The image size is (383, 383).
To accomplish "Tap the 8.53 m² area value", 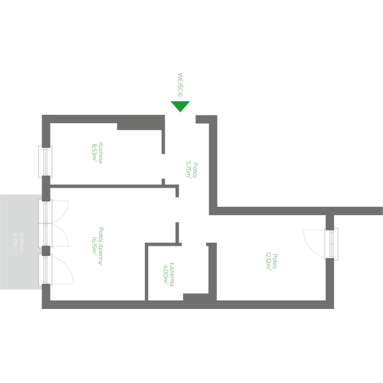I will coord(94,153).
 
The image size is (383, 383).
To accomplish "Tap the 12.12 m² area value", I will coord(267,261).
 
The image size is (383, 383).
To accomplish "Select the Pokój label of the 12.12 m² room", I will coord(274,261).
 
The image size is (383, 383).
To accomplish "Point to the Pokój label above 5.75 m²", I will coord(195,169).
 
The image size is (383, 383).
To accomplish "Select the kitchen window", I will coord(45,161).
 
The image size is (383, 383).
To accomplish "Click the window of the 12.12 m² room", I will coord(331,244).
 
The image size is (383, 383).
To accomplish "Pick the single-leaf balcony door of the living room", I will coord(46,270).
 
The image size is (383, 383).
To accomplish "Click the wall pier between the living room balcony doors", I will coord(46,250).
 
